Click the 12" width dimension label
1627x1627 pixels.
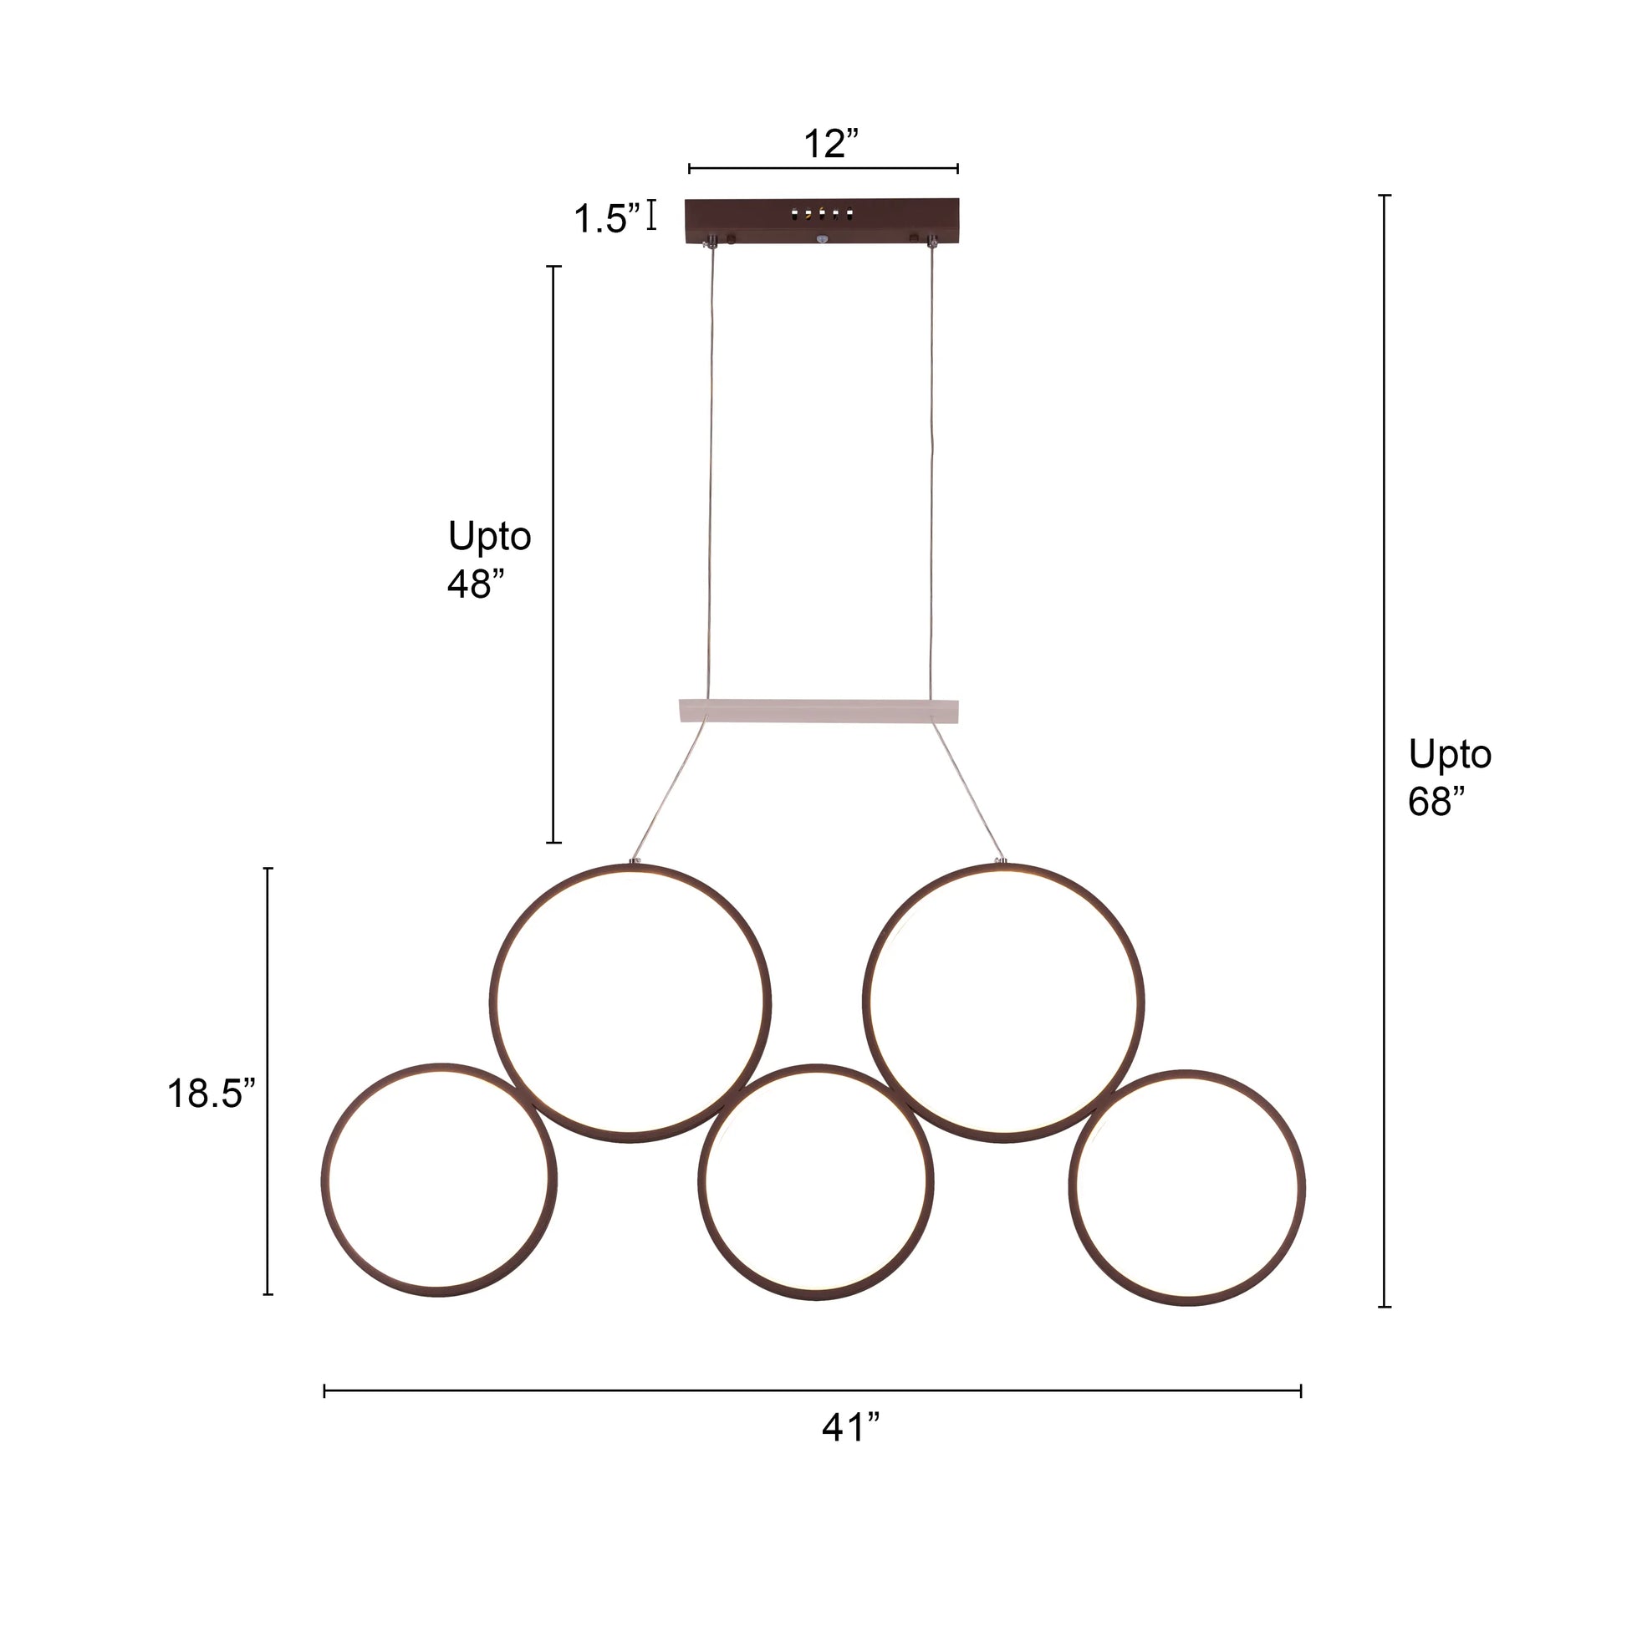click(830, 144)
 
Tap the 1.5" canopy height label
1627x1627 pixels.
click(606, 219)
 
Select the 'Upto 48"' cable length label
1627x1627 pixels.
click(489, 559)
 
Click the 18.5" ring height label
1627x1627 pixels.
click(211, 1094)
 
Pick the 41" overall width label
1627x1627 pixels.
click(850, 1427)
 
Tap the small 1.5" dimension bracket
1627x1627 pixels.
click(651, 215)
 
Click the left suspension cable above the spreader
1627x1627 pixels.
click(711, 472)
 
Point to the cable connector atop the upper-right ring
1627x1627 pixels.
click(1001, 860)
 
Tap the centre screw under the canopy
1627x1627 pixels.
click(822, 240)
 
